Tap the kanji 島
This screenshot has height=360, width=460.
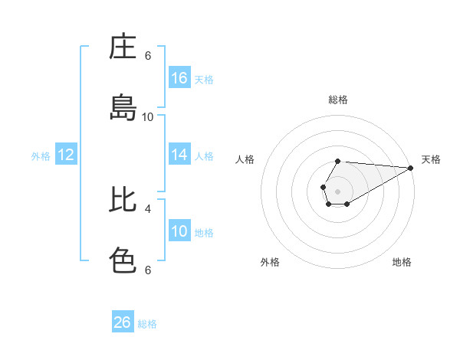pyautogui.click(x=123, y=107)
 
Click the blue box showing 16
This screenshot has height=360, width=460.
pyautogui.click(x=179, y=78)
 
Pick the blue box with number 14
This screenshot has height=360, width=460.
pyautogui.click(x=179, y=155)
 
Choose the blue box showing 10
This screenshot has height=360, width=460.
pyautogui.click(x=179, y=231)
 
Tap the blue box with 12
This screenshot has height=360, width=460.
pyautogui.click(x=66, y=155)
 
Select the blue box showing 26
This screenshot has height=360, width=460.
pyautogui.click(x=123, y=322)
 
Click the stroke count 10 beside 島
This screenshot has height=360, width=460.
pyautogui.click(x=147, y=116)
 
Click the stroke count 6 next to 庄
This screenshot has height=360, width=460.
pyautogui.click(x=148, y=55)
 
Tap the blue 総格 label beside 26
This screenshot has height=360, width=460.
pyautogui.click(x=147, y=324)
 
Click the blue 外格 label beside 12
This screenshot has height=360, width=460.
pyautogui.click(x=41, y=156)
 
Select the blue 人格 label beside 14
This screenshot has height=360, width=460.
pyautogui.click(x=204, y=156)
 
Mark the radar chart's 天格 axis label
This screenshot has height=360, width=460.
pyautogui.click(x=431, y=159)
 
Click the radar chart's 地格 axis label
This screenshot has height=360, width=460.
pyautogui.click(x=402, y=262)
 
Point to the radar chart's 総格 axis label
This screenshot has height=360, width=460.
pyautogui.click(x=338, y=100)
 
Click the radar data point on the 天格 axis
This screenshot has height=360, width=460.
pyautogui.click(x=410, y=168)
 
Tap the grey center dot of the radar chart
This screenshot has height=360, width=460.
pyautogui.click(x=337, y=190)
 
